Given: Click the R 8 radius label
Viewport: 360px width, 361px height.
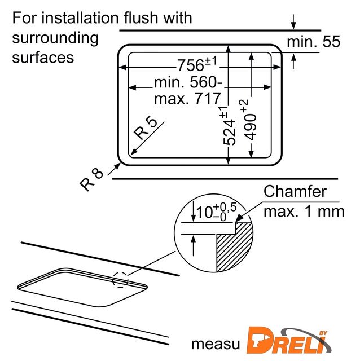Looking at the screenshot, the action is [91, 180].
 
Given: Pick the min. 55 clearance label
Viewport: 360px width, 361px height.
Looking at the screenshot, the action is [314, 42].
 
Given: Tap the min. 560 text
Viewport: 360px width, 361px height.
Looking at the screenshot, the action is [188, 82].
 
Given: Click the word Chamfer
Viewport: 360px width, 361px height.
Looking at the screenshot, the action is [295, 191].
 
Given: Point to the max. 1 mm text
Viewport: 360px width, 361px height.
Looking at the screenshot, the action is [304, 211].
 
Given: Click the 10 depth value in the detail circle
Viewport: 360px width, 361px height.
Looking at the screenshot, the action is [204, 212].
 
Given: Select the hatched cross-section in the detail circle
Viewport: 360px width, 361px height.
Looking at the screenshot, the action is [233, 246].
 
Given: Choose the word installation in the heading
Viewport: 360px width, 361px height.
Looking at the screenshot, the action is [81, 17].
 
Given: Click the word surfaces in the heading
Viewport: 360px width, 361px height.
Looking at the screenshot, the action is [43, 57].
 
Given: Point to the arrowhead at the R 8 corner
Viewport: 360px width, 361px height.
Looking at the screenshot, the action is [117, 166].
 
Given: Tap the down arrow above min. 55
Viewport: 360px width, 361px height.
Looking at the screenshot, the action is [293, 22].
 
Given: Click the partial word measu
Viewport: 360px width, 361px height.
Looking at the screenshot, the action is [216, 344].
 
